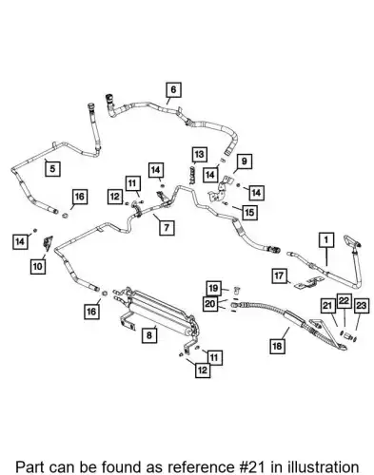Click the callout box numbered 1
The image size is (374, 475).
tap(326, 240)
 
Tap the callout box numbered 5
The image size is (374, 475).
tap(52, 168)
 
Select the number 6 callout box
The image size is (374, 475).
tap(173, 89)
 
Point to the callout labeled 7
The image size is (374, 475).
tap(167, 227)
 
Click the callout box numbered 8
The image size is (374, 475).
tap(149, 335)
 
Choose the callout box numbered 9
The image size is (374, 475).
tap(245, 161)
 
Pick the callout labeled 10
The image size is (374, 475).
tap(38, 266)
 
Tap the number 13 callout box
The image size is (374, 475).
tap(199, 155)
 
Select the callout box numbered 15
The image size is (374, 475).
tap(249, 212)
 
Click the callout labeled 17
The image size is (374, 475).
tap(279, 275)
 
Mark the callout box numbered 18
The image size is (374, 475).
tap(277, 346)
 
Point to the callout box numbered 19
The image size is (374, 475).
tap(213, 288)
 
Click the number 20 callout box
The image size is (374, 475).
tap(210, 304)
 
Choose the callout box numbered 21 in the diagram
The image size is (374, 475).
tap(327, 306)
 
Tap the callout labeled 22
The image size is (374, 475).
tap(344, 301)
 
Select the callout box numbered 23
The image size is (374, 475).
tap(362, 306)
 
